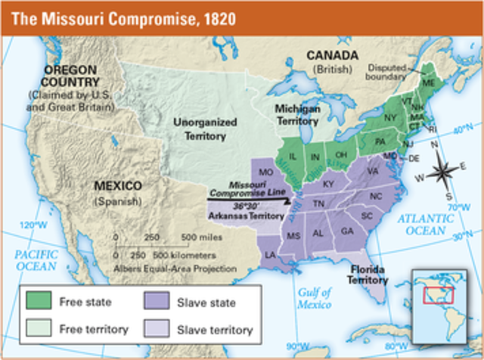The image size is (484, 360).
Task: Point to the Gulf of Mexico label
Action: click(314, 297)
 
